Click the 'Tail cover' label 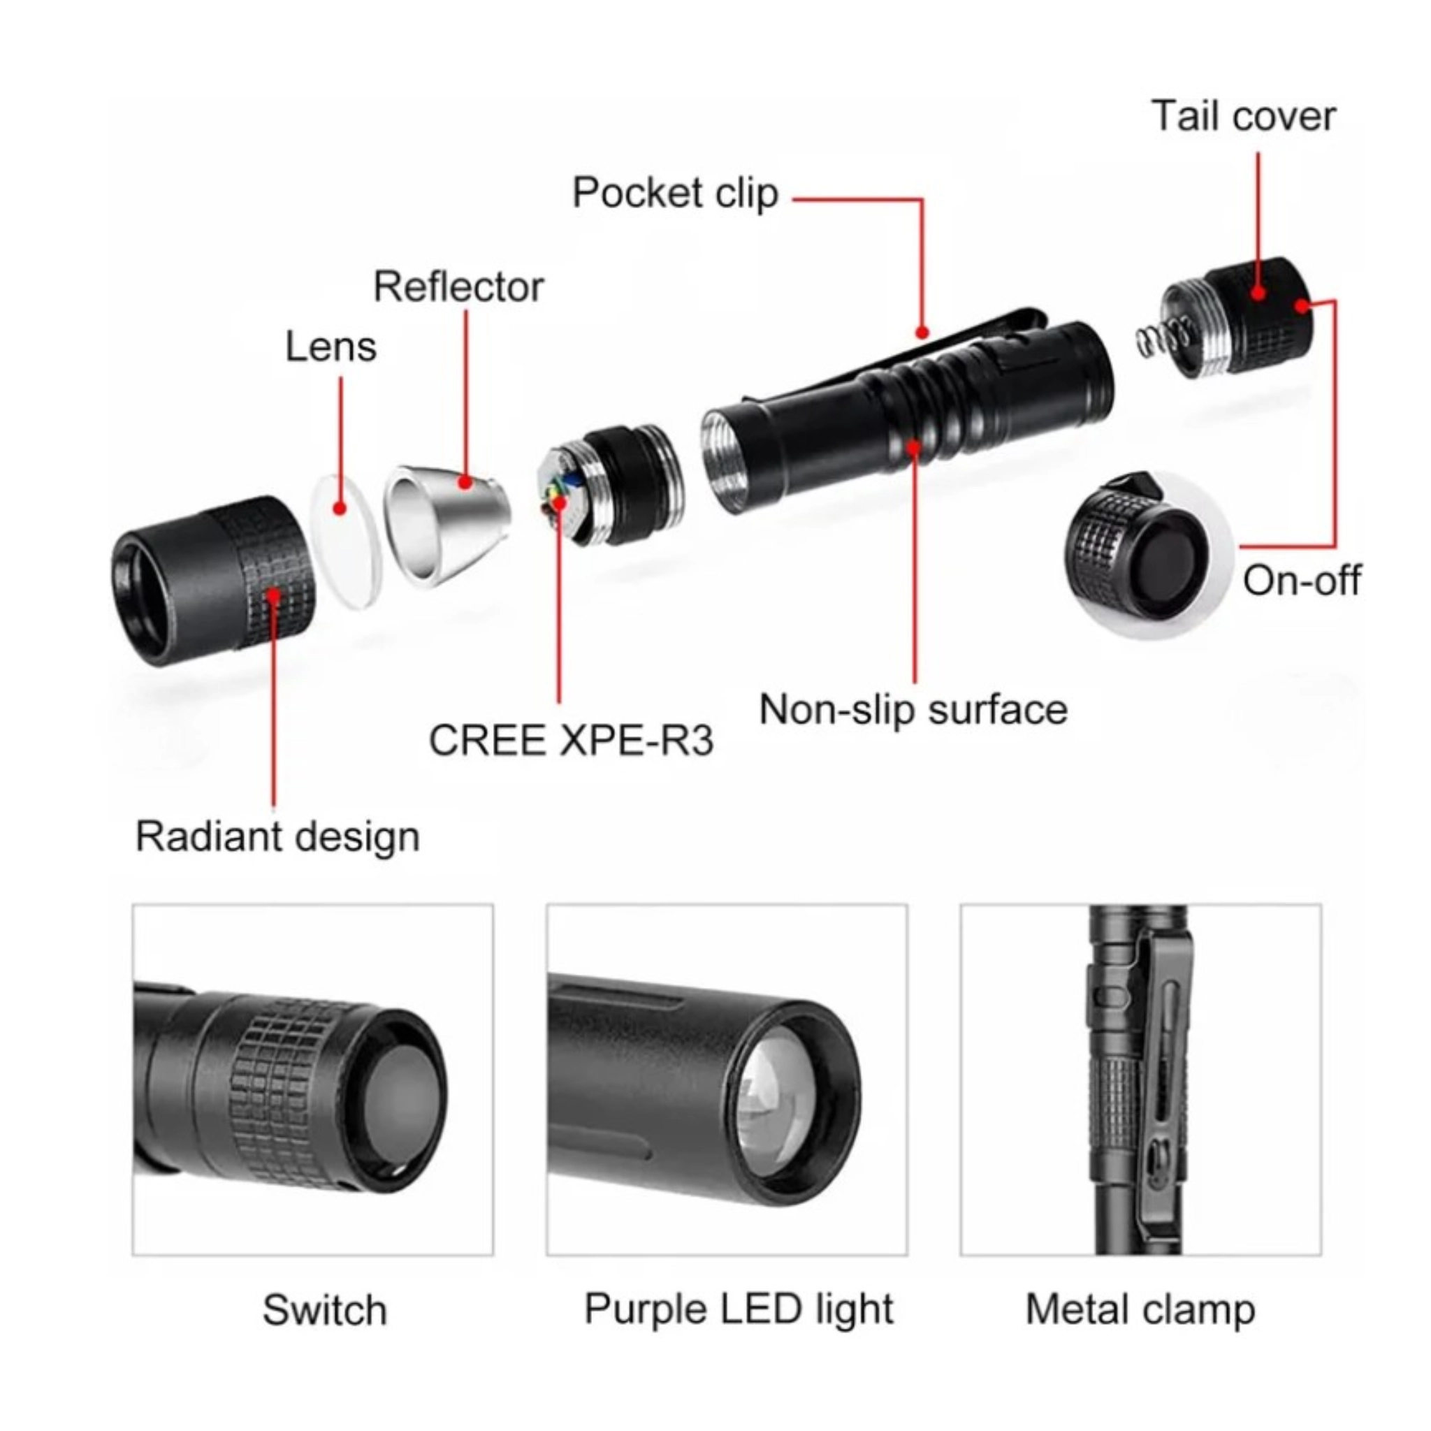click(1244, 116)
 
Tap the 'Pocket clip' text click(676, 194)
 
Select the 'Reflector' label click(458, 286)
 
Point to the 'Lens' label click(331, 347)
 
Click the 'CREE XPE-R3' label click(571, 740)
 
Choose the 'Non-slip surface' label click(913, 710)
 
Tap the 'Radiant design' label click(278, 837)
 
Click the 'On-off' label click(1301, 580)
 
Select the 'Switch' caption click(324, 1310)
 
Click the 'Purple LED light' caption click(739, 1309)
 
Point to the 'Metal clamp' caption click(1140, 1310)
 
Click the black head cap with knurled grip click(213, 581)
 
